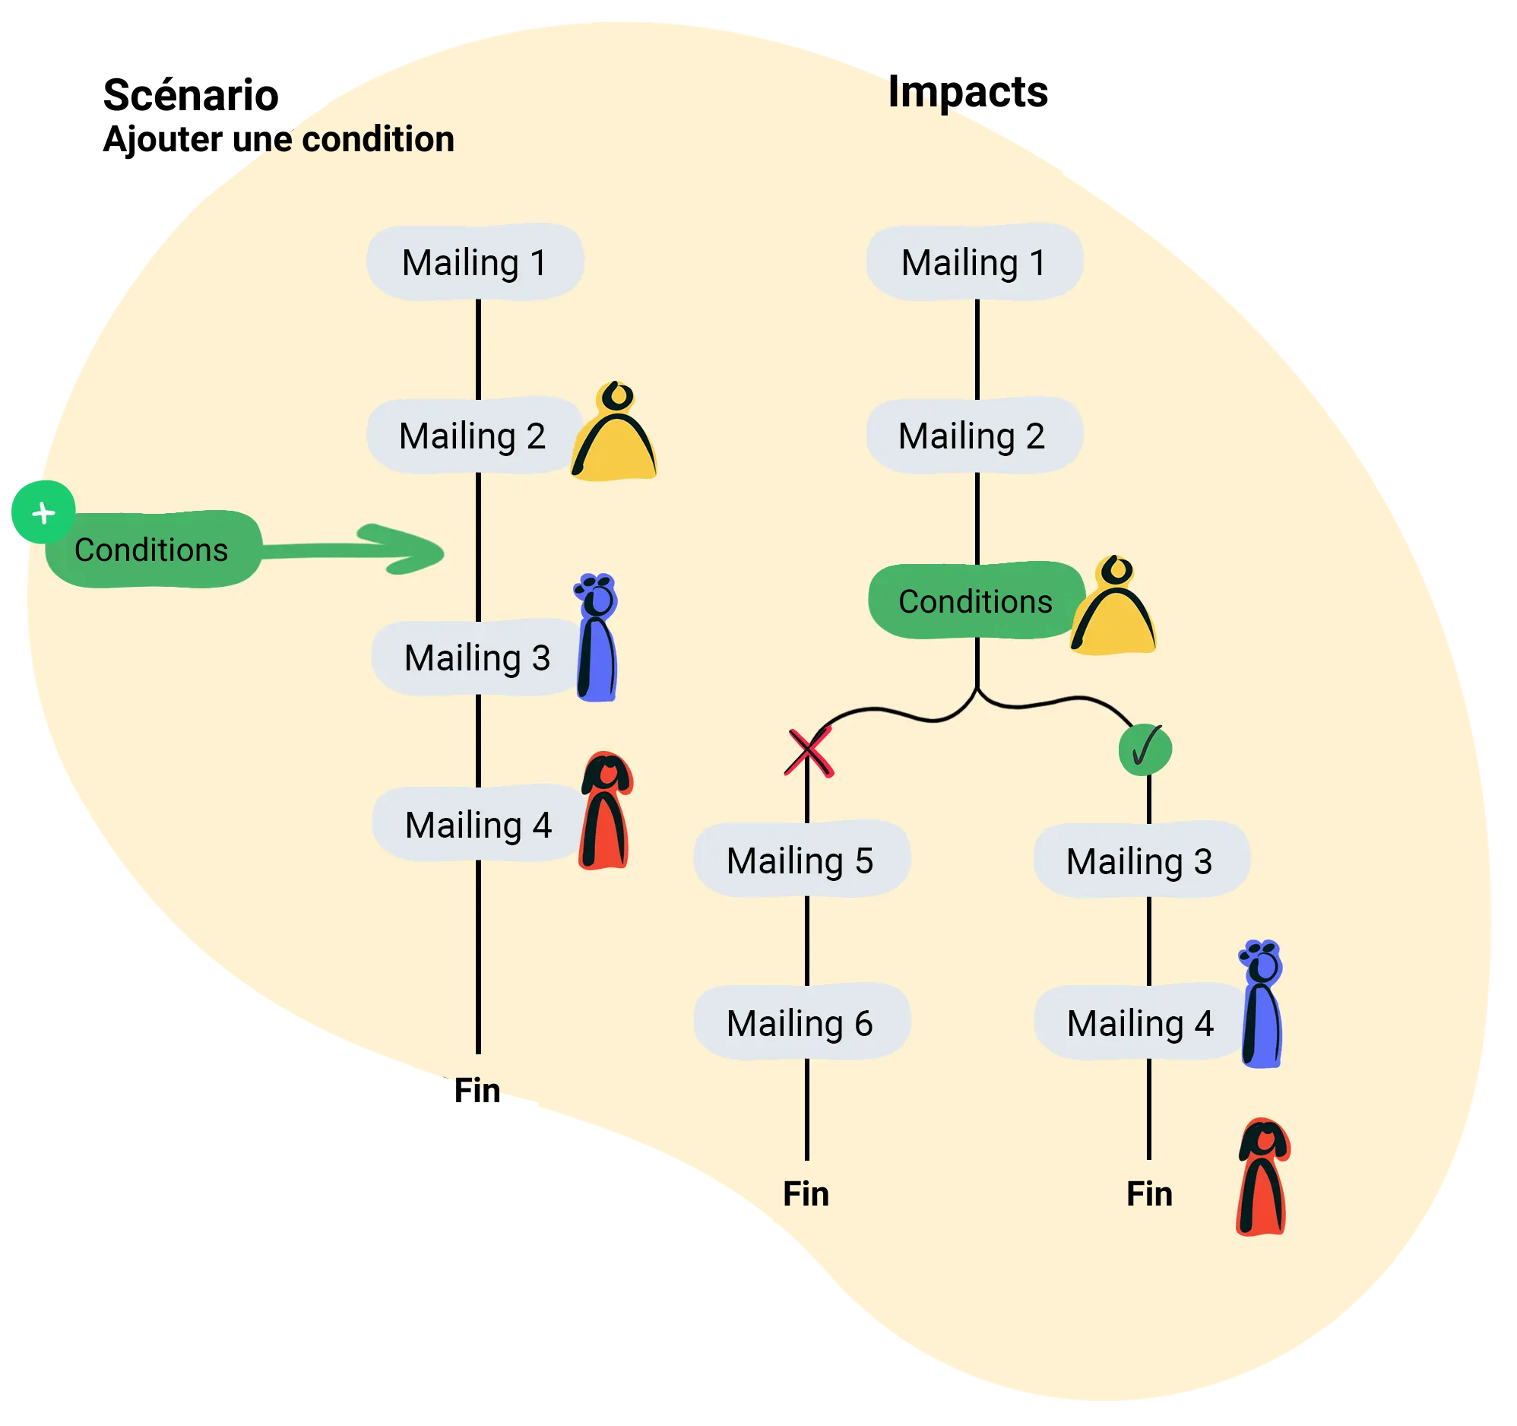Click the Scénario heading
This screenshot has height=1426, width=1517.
point(191,96)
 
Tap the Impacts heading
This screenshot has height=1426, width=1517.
point(968,92)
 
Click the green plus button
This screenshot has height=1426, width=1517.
point(43,512)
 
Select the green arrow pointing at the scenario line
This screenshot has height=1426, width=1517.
point(359,549)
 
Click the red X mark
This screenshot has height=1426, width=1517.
point(808,753)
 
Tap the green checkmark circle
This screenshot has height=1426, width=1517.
point(1145,749)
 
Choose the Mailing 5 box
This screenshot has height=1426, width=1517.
point(801,860)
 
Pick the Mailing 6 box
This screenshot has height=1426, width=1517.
point(801,1023)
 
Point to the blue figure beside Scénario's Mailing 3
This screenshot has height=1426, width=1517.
point(597,639)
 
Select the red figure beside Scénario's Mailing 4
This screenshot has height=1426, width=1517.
point(606,812)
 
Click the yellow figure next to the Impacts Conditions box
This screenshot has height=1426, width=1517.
point(1114,607)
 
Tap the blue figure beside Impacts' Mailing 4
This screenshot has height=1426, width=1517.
point(1262,1004)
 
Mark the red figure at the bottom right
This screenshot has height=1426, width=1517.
point(1263,1177)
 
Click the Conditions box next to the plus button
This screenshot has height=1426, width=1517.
point(153,550)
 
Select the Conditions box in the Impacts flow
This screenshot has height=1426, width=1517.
point(975,601)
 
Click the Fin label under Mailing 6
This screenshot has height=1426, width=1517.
point(806,1194)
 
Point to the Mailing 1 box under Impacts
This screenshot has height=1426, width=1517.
point(974,262)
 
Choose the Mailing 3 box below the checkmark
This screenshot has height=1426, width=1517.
point(1141,861)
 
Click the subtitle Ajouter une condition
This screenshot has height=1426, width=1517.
point(278,140)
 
